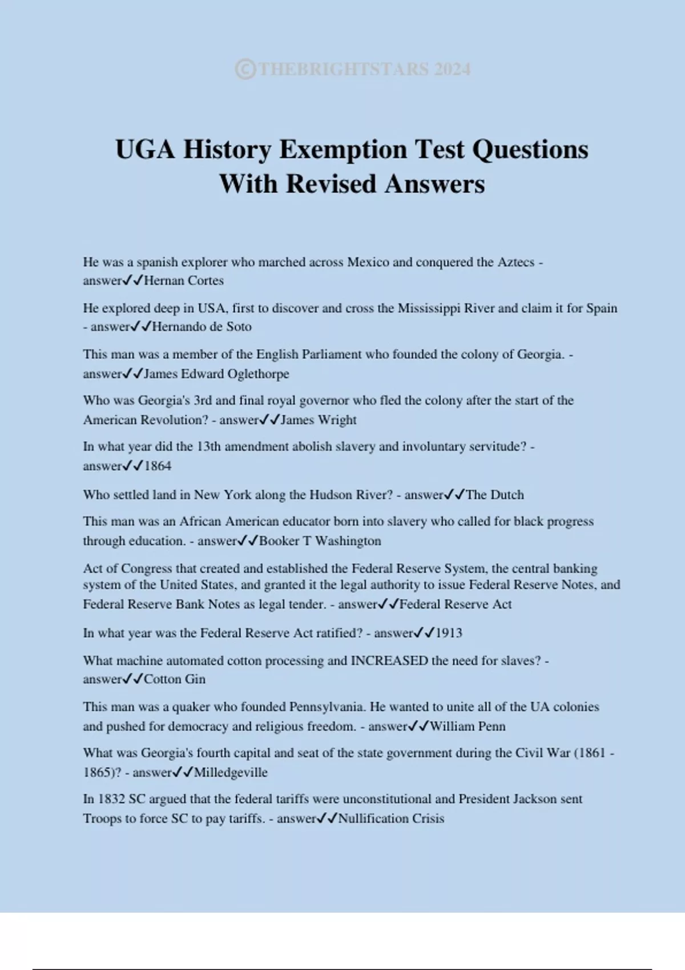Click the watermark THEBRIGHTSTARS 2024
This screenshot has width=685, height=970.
click(353, 70)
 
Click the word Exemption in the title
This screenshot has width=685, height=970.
click(342, 149)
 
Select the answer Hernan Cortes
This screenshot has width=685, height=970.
click(184, 281)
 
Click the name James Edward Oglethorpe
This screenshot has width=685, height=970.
click(216, 374)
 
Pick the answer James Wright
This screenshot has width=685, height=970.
click(319, 420)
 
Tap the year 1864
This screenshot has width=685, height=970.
click(158, 466)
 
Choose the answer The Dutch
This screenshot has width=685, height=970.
click(494, 495)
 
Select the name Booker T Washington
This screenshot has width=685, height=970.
click(320, 541)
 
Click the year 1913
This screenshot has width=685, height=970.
click(449, 633)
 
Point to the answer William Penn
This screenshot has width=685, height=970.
click(468, 726)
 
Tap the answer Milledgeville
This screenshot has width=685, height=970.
click(231, 773)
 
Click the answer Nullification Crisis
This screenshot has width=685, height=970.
click(391, 819)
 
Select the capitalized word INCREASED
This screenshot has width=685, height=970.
click(389, 661)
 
